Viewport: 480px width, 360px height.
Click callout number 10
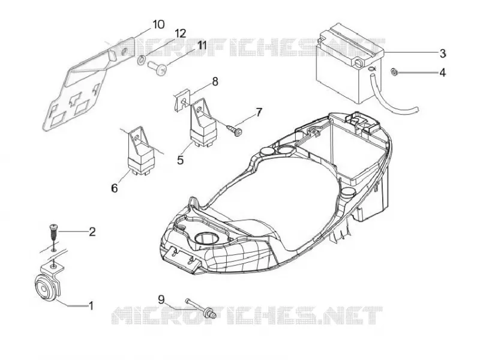coord(158,24)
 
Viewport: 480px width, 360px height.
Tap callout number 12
coord(181,34)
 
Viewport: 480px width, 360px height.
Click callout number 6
coord(114,188)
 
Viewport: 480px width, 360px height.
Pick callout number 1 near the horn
coord(91,305)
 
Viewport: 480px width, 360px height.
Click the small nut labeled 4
coord(394,72)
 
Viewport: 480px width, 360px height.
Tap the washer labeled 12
coord(141,59)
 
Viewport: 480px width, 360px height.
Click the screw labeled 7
coord(236,130)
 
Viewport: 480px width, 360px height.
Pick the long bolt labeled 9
coord(200,308)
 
